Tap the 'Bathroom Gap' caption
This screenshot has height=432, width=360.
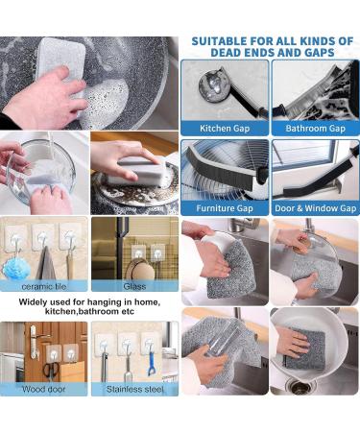[x=315, y=129]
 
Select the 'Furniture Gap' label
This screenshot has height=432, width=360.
[x=224, y=207]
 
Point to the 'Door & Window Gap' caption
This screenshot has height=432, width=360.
[x=315, y=207]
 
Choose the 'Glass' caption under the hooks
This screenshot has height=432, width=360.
[x=135, y=286]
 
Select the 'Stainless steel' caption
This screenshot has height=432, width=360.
[x=135, y=390]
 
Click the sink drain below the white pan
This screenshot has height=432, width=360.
[x=300, y=387]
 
